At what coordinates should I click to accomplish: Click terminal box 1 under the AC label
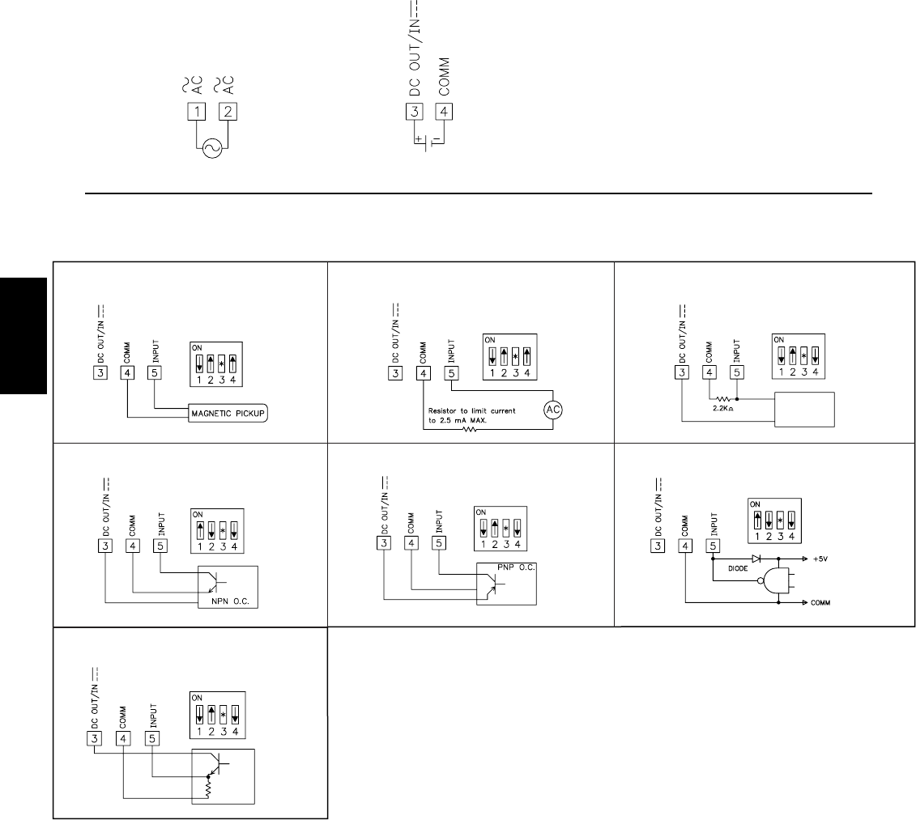196,112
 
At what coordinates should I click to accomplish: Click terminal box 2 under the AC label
228,112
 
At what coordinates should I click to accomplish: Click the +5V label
820,559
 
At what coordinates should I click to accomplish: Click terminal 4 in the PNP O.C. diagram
411,542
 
